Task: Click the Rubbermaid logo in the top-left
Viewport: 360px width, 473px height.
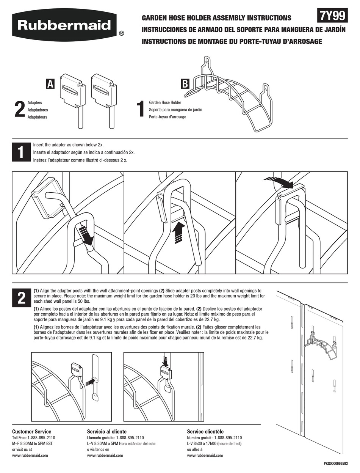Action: pyautogui.click(x=64, y=25)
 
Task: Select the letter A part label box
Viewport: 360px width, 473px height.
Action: pyautogui.click(x=50, y=84)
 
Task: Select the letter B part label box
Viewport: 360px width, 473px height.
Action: pyautogui.click(x=185, y=84)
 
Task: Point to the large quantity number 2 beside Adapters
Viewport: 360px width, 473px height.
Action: pyautogui.click(x=19, y=110)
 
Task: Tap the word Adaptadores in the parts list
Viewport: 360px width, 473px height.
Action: pyautogui.click(x=38, y=110)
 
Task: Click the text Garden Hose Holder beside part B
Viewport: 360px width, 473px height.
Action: pyautogui.click(x=165, y=102)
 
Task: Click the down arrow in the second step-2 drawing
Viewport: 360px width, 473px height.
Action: pyautogui.click(x=165, y=361)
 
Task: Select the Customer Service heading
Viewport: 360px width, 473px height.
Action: pyautogui.click(x=31, y=432)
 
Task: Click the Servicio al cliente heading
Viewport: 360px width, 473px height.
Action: pyautogui.click(x=107, y=432)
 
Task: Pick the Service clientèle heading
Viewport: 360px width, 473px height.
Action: pyautogui.click(x=205, y=432)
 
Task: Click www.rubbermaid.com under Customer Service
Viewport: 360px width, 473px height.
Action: pyautogui.click(x=30, y=456)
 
